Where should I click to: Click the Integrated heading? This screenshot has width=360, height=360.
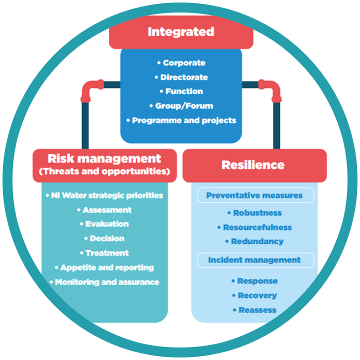(180, 32)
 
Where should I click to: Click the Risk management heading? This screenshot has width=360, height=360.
(104, 159)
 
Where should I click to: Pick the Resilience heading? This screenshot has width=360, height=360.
(253, 165)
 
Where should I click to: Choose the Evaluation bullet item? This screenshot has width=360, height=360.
(106, 224)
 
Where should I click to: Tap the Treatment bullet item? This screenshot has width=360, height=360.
(106, 253)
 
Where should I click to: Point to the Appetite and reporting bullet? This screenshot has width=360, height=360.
(106, 267)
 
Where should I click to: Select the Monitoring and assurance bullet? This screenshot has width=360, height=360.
(106, 282)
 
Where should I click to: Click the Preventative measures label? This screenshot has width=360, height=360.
(254, 195)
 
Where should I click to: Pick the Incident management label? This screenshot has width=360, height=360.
(254, 260)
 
